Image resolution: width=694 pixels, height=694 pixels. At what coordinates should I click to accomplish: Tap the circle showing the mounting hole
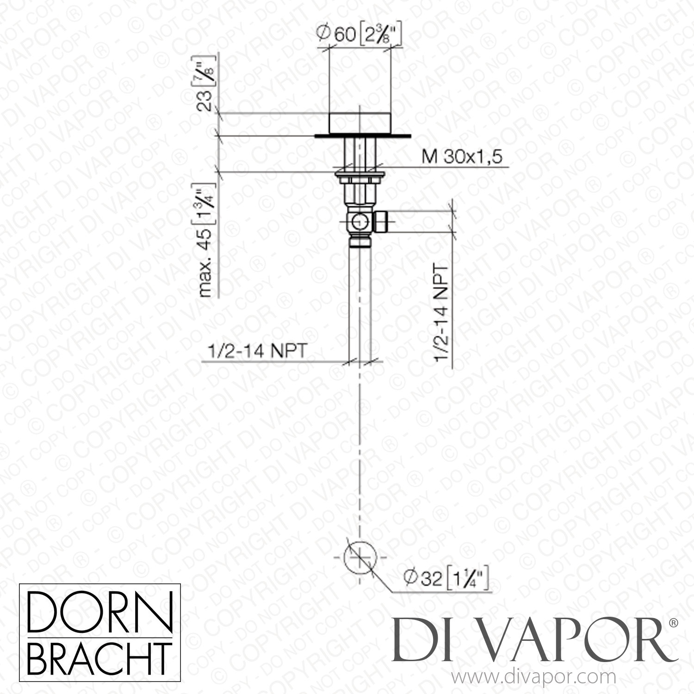(360, 558)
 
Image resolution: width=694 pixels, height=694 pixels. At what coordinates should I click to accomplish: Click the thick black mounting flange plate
(362, 136)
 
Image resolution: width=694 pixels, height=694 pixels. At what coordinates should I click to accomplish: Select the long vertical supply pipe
(359, 301)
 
